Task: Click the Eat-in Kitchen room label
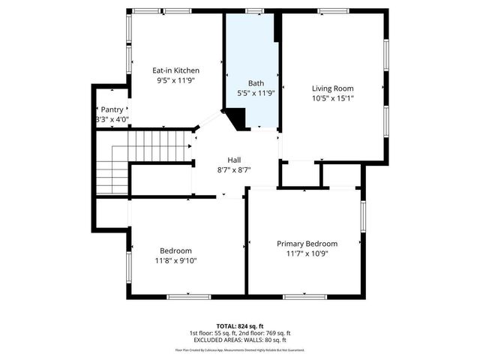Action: [x=175, y=70]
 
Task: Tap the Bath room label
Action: [x=256, y=82]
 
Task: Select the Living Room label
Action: [x=332, y=88]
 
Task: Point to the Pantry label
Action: [x=112, y=109]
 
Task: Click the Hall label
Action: [x=235, y=160]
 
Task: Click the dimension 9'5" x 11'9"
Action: [x=175, y=80]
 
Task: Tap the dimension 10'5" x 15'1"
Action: [x=332, y=97]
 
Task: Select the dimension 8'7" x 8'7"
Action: [x=235, y=169]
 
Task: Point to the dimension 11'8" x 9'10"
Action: [x=175, y=260]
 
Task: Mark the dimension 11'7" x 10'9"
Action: [x=307, y=253]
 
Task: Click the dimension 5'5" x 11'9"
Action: [x=256, y=93]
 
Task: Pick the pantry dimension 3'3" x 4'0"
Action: [x=112, y=119]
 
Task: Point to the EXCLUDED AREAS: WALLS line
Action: [x=240, y=340]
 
